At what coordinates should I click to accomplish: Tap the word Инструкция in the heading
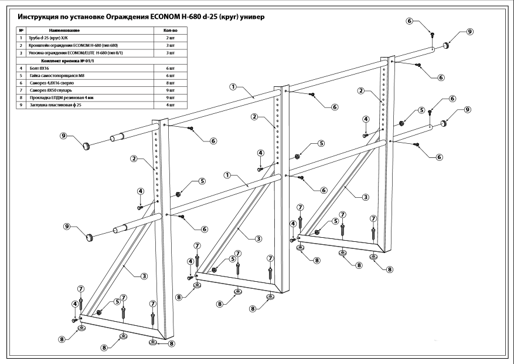(x=39, y=17)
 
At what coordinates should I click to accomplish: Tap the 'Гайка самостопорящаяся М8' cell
(x=56, y=76)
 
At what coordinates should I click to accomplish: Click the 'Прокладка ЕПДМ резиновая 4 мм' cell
(x=62, y=99)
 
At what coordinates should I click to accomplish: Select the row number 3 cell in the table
(x=21, y=53)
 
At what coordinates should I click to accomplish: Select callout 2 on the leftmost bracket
(x=134, y=159)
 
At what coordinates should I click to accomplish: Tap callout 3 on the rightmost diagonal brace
(x=365, y=197)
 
